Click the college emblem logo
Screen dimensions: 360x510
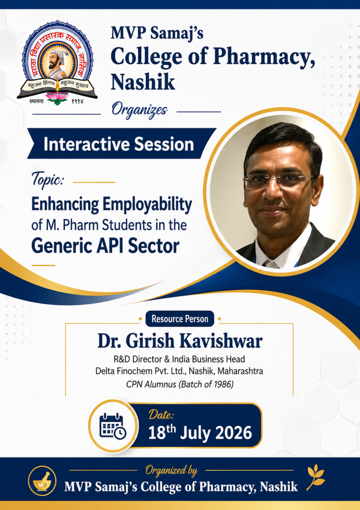pyautogui.click(x=57, y=63)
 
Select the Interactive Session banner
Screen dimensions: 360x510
pyautogui.click(x=121, y=143)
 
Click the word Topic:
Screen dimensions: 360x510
pyautogui.click(x=48, y=179)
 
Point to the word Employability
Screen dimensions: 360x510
pyautogui.click(x=147, y=205)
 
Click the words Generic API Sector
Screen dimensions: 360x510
pyautogui.click(x=105, y=246)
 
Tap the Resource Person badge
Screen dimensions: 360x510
pyautogui.click(x=180, y=319)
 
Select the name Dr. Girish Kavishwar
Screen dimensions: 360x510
pyautogui.click(x=180, y=341)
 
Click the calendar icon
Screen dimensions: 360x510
pyautogui.click(x=113, y=426)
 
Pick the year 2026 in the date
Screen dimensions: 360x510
pyautogui.click(x=234, y=433)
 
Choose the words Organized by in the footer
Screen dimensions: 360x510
pyautogui.click(x=171, y=470)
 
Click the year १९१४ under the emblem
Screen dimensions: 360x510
pyautogui.click(x=77, y=102)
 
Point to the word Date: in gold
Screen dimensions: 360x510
pyautogui.click(x=161, y=415)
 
